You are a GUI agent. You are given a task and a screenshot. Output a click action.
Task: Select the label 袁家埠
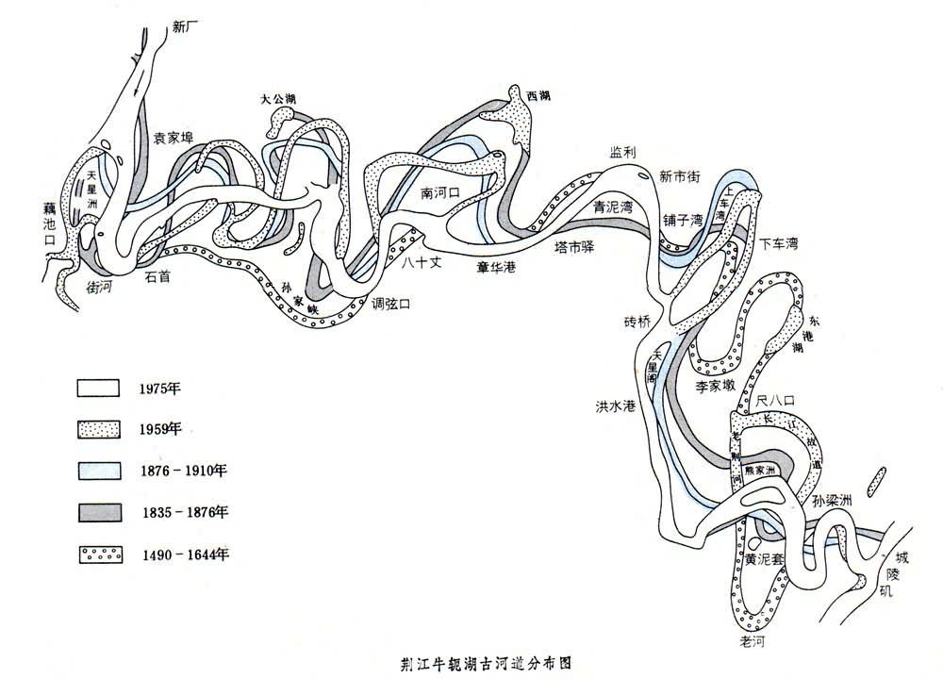coord(174,138)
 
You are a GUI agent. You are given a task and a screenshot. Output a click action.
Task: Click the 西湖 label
coord(538,96)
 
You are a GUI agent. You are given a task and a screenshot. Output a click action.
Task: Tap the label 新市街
coord(678,175)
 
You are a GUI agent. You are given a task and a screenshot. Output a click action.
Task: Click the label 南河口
coord(439,193)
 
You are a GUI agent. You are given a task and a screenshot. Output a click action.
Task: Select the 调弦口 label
coord(390,304)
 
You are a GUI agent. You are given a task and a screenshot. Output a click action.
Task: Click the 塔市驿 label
coord(573,247)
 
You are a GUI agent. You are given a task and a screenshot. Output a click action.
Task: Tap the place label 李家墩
coord(715,386)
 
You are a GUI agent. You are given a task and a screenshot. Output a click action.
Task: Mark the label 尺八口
coord(776,401)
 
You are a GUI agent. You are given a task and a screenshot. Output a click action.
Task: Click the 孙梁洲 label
coord(832,501)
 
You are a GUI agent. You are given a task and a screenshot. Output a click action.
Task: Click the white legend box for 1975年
coord(99,388)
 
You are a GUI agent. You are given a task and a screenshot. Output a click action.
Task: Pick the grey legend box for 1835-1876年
coord(99,512)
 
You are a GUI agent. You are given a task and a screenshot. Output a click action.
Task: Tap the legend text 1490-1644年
coord(183,554)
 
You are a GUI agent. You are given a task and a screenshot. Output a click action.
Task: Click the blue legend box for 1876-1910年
coord(99,471)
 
